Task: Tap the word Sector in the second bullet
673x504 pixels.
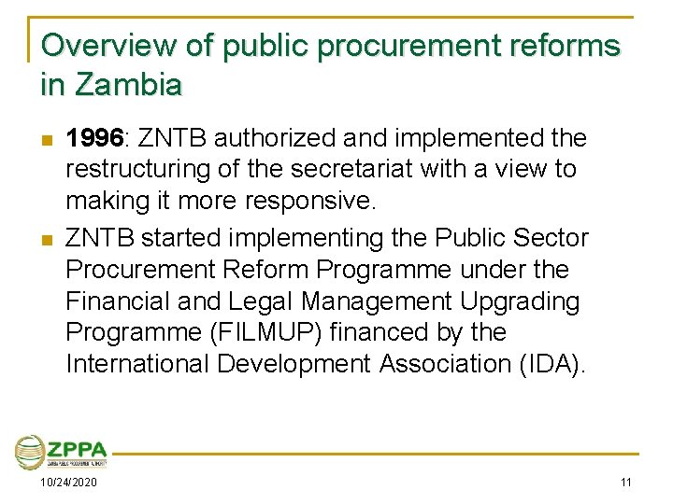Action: tap(551, 238)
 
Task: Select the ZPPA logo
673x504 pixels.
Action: tap(61, 452)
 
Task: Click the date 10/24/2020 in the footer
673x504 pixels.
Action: tap(68, 482)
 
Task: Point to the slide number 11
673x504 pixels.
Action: tap(626, 482)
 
